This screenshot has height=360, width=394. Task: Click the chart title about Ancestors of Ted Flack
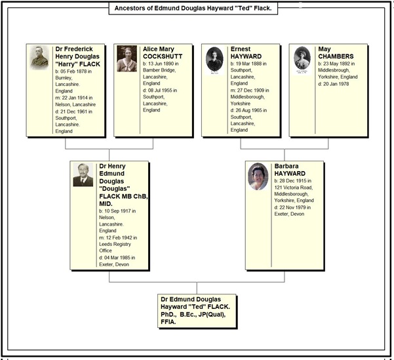pyautogui.click(x=193, y=9)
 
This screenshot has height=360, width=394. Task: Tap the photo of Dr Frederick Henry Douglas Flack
pyautogui.click(x=39, y=58)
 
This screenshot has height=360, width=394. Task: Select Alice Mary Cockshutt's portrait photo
pyautogui.click(x=127, y=58)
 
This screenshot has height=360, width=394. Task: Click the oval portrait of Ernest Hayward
pyautogui.click(x=214, y=59)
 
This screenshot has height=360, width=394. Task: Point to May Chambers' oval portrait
pyautogui.click(x=302, y=58)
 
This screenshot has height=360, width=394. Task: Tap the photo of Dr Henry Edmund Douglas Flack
pyautogui.click(x=83, y=174)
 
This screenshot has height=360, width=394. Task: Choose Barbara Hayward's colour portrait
pyautogui.click(x=258, y=176)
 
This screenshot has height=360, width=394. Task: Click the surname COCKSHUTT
pyautogui.click(x=163, y=56)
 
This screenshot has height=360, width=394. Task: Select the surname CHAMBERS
pyautogui.click(x=336, y=56)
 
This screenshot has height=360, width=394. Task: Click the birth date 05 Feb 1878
pyautogui.click(x=77, y=71)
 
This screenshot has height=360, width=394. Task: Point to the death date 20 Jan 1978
pyautogui.click(x=336, y=84)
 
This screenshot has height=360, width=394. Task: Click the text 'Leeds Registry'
pyautogui.click(x=115, y=244)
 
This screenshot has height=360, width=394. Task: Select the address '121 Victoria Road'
pyautogui.click(x=294, y=188)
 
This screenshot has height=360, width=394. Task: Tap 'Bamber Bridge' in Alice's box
pyautogui.click(x=159, y=70)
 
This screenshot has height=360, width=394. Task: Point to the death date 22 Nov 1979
pyautogui.click(x=293, y=207)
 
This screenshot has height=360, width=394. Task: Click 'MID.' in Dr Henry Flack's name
pyautogui.click(x=106, y=204)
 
